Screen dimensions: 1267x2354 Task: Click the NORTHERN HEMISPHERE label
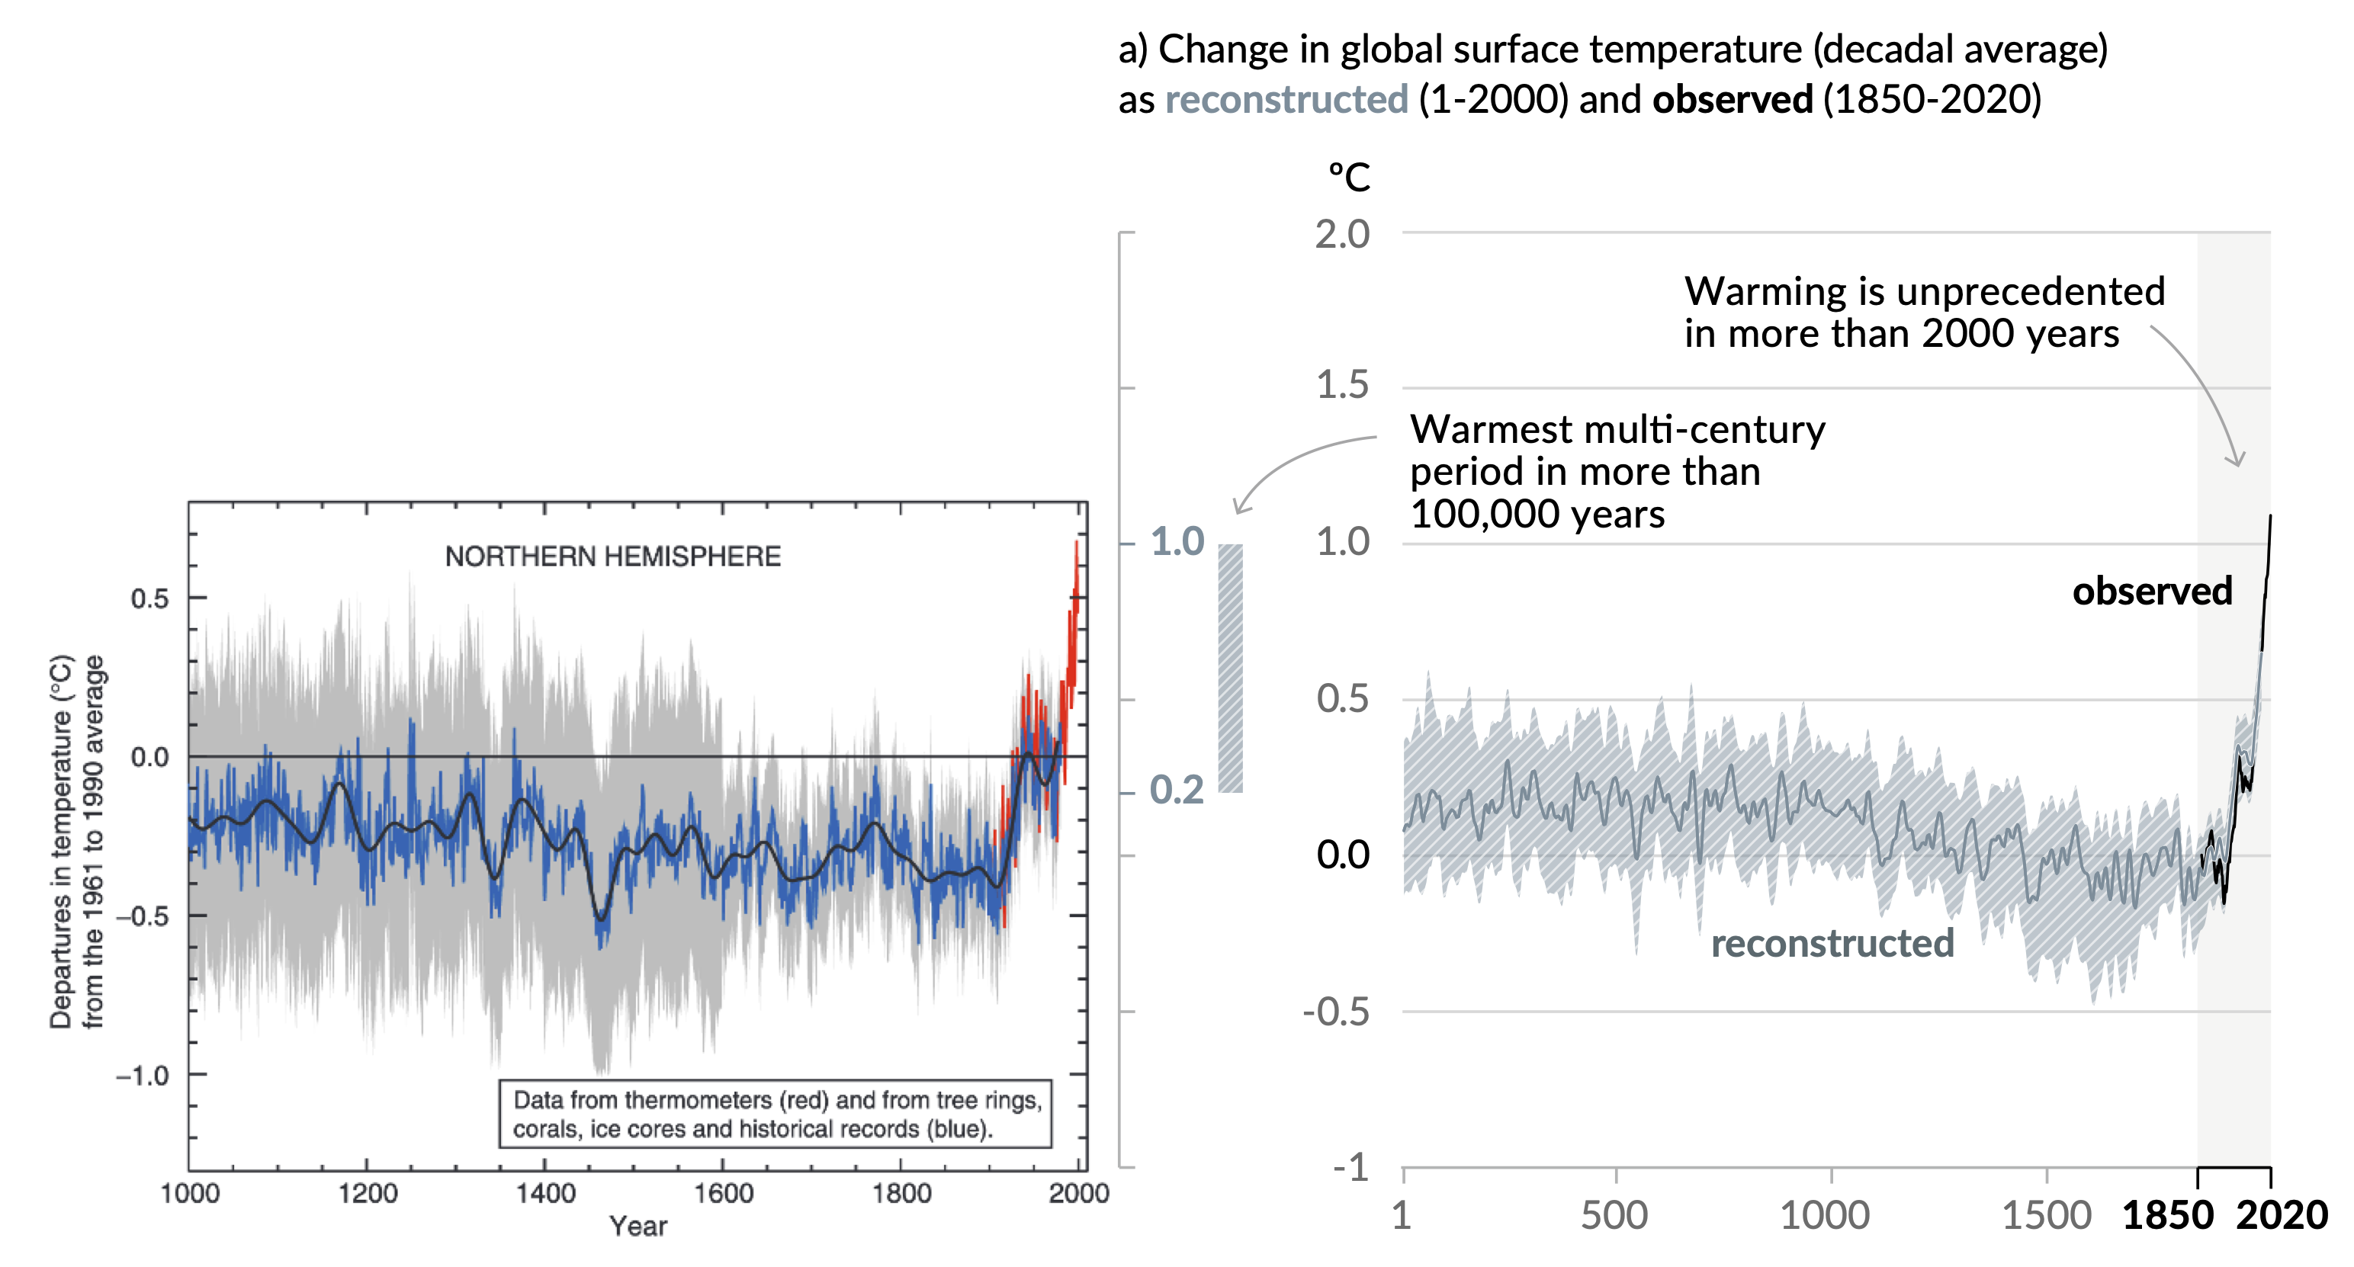coord(612,557)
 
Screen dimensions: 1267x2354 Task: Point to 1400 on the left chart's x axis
coord(544,1193)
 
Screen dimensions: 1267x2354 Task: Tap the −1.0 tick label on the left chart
coord(143,1075)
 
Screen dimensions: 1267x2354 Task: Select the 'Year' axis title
coord(637,1226)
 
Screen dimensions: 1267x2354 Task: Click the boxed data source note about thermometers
coord(775,1114)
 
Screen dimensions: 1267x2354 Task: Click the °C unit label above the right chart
coord(1349,177)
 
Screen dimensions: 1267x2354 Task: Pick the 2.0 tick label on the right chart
coord(1341,235)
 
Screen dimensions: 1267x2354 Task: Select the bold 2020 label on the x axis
coord(2282,1216)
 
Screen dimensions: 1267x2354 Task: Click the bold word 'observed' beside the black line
coord(2151,591)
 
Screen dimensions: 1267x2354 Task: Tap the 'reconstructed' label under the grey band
coord(1832,943)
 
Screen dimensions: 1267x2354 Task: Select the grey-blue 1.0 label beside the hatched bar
coord(1177,542)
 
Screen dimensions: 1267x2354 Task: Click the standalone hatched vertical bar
coord(1230,668)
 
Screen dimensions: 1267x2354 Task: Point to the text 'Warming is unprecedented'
coord(1924,291)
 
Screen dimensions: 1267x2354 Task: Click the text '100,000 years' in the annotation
coord(1537,515)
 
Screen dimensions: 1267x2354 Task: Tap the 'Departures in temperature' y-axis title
coord(60,840)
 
